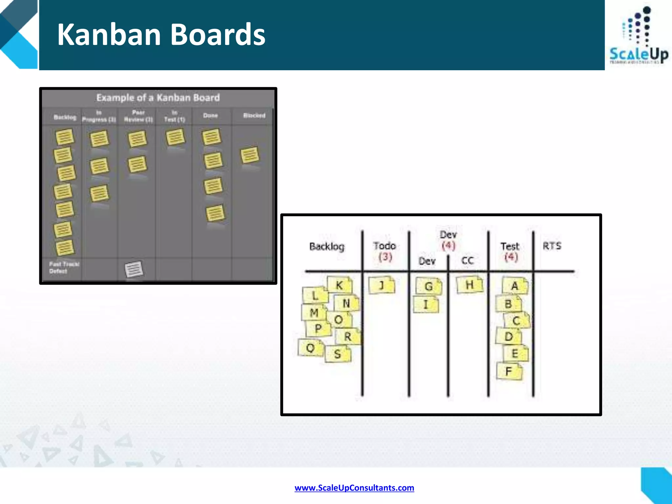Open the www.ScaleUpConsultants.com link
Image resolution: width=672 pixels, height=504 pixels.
tap(354, 488)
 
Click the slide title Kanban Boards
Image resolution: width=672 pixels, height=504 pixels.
tap(161, 34)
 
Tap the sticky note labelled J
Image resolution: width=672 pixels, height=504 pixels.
tap(382, 285)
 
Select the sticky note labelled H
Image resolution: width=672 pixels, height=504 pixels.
tap(470, 284)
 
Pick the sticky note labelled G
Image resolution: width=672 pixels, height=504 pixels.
tap(428, 286)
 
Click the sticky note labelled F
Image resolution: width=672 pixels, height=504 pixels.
tap(509, 371)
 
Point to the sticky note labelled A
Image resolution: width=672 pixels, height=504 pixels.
tap(514, 286)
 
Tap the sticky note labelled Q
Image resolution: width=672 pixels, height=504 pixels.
tap(310, 348)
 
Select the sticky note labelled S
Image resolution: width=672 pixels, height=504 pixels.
tap(338, 354)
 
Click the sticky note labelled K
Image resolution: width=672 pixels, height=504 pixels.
tap(340, 285)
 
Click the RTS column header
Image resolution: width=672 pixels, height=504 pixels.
tap(552, 246)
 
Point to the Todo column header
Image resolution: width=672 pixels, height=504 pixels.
tap(385, 246)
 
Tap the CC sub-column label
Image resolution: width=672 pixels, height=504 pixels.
tap(468, 261)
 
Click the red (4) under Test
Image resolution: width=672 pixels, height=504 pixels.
tap(511, 257)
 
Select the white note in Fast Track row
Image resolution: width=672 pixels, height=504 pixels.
tap(134, 269)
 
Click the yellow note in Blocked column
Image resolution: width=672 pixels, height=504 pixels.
tap(250, 155)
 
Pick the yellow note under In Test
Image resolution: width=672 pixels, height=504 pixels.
tap(175, 137)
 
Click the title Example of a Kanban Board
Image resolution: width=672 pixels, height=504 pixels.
tap(158, 97)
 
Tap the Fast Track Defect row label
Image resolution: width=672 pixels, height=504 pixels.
tap(64, 267)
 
